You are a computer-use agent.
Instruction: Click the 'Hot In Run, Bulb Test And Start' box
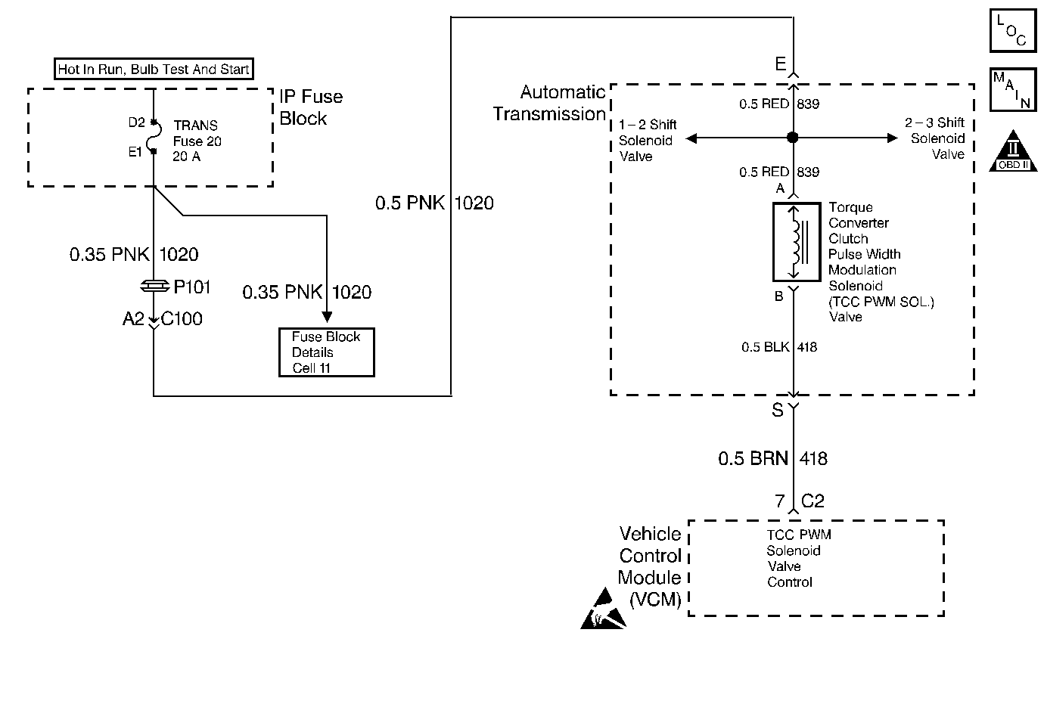point(154,70)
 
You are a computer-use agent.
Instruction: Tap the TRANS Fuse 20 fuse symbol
point(154,137)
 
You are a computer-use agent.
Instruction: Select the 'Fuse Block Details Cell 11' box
point(326,352)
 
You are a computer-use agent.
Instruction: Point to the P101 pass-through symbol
point(154,287)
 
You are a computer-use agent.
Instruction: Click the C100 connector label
point(182,319)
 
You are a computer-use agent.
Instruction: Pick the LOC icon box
point(1012,30)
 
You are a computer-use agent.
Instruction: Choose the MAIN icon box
point(1012,90)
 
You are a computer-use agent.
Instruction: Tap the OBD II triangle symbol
point(1013,151)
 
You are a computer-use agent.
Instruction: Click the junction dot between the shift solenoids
point(793,138)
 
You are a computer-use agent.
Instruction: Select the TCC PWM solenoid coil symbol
point(796,241)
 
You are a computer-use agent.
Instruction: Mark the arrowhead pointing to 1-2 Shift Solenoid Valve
point(691,138)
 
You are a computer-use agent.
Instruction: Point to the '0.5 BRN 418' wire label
point(772,458)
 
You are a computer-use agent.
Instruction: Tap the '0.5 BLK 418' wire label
point(779,347)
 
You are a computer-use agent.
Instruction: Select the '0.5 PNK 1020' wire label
point(434,203)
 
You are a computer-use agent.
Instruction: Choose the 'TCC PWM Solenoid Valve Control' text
point(797,558)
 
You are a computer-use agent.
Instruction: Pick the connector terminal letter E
point(781,64)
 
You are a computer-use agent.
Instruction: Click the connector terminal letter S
point(777,410)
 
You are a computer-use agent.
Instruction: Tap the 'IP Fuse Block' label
point(310,107)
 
